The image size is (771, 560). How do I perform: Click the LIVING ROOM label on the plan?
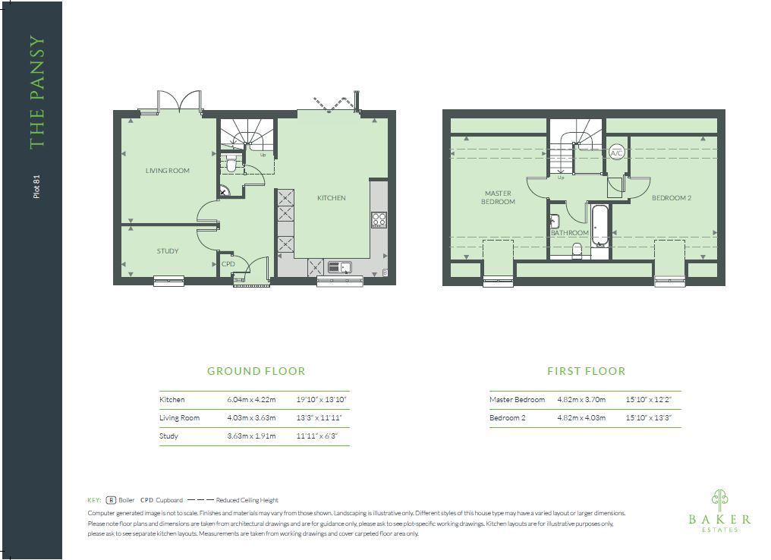(167, 171)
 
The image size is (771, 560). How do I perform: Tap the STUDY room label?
(167, 250)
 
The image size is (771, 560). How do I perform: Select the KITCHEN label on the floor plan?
(331, 197)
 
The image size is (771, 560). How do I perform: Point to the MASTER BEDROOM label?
(498, 197)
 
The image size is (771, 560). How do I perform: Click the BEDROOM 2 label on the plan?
(671, 197)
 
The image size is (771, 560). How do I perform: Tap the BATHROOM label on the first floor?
(569, 232)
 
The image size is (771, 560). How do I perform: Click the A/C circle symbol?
(616, 153)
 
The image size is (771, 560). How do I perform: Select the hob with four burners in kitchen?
(379, 219)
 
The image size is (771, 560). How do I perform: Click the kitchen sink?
(340, 267)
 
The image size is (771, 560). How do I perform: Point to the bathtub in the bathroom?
(599, 225)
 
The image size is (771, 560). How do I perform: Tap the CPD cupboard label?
(228, 263)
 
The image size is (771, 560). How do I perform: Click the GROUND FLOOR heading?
(256, 371)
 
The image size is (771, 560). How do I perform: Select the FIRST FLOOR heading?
(586, 371)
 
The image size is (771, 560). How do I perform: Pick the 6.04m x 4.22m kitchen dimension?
(251, 400)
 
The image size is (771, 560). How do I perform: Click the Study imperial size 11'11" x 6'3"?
(316, 436)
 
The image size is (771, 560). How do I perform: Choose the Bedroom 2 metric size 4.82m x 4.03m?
(581, 418)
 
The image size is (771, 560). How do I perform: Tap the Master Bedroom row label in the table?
(517, 400)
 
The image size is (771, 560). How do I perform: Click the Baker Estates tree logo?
(720, 500)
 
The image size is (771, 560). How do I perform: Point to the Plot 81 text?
(36, 187)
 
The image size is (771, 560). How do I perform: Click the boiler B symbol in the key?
(111, 500)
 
